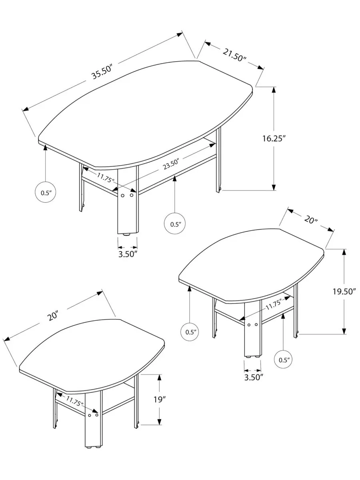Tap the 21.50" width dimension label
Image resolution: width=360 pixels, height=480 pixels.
[234, 55]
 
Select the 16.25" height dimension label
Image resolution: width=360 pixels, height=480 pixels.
[274, 138]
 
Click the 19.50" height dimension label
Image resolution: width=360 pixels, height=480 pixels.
[344, 291]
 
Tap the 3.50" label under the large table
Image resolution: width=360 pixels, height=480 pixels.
[128, 254]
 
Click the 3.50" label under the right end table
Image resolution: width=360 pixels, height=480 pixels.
[253, 377]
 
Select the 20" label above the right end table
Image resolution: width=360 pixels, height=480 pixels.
[311, 219]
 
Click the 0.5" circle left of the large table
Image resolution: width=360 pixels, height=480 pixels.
[46, 193]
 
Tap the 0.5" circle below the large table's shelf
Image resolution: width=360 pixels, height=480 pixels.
[175, 224]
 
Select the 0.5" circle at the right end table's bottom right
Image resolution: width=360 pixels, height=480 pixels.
[283, 360]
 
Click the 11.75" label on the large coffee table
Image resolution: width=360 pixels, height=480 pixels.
[106, 177]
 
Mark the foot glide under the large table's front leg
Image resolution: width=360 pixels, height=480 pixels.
[126, 235]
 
